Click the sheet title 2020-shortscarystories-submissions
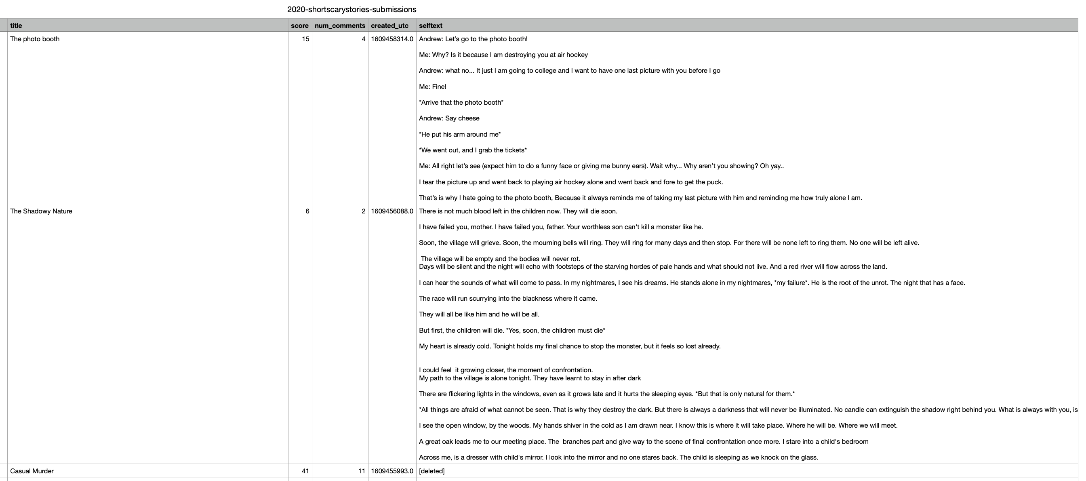coord(351,9)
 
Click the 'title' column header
coord(16,25)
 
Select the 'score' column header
coord(299,25)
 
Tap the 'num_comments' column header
coord(340,25)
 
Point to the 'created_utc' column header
coord(389,25)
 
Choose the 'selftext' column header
coord(430,25)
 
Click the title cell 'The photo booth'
coord(35,39)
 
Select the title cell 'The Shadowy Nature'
coord(41,211)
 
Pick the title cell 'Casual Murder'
coord(32,471)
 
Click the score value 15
coord(305,39)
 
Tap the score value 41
coord(305,471)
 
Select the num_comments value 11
coord(361,471)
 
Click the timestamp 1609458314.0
coord(392,39)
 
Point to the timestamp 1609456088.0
coord(392,211)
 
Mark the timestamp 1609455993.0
coord(392,471)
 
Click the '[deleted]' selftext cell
coord(432,471)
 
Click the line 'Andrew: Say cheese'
coord(449,118)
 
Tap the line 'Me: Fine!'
coord(433,86)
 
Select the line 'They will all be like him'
coord(479,314)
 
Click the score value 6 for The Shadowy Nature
coord(307,211)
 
